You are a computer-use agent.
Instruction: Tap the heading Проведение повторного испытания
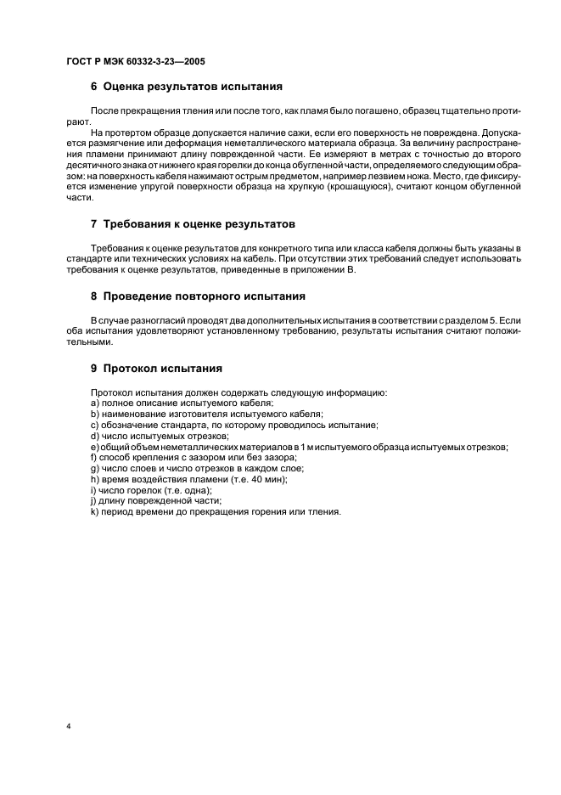pos(204,296)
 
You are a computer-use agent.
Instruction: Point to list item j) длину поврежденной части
pos(155,502)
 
